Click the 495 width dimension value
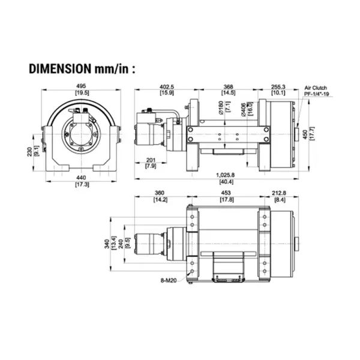pyautogui.click(x=82, y=85)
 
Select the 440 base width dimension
pyautogui.click(x=82, y=178)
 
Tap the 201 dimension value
pyautogui.click(x=151, y=159)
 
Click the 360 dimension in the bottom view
pyautogui.click(x=160, y=193)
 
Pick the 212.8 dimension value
pyautogui.click(x=278, y=193)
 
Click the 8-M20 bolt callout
pyautogui.click(x=169, y=280)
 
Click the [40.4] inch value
pyautogui.click(x=224, y=181)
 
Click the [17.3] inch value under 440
pyautogui.click(x=82, y=185)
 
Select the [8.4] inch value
pyautogui.click(x=278, y=199)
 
